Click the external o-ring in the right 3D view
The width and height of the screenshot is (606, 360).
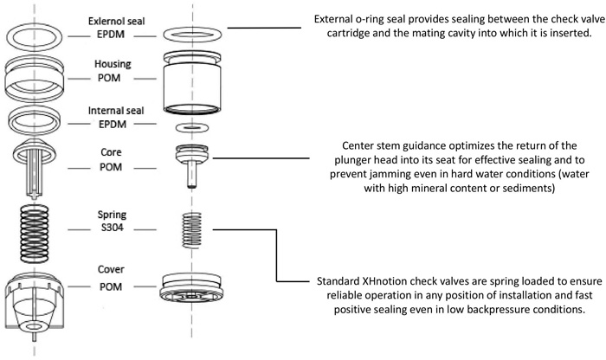pyautogui.click(x=192, y=35)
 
